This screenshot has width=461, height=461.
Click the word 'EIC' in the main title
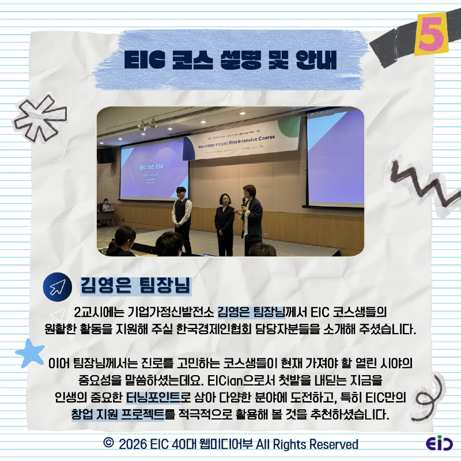point(143,61)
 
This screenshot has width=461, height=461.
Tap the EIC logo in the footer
point(439,444)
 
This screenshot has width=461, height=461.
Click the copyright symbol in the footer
point(108,443)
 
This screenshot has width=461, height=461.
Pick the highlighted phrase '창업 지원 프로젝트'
point(118,414)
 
